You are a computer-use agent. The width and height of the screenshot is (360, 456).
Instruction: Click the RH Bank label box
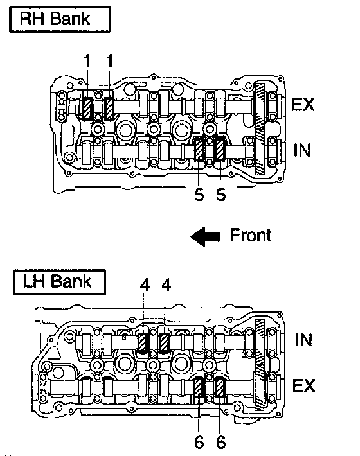coord(60,19)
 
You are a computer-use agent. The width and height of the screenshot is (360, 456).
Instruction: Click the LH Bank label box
coord(59,282)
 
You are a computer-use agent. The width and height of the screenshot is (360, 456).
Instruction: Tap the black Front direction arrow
coord(206,236)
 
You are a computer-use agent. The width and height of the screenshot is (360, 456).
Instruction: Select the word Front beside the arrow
coord(251,235)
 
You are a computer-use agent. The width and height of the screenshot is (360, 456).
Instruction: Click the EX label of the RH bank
coord(303,104)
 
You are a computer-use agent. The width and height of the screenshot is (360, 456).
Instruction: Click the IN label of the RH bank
coord(302,150)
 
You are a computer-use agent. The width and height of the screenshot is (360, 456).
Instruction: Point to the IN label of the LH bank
coord(303,340)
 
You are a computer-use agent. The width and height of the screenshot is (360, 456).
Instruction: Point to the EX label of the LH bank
coord(304,385)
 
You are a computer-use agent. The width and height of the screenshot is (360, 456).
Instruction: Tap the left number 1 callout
coord(86,61)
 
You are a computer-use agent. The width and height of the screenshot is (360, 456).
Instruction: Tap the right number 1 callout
coord(109,61)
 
